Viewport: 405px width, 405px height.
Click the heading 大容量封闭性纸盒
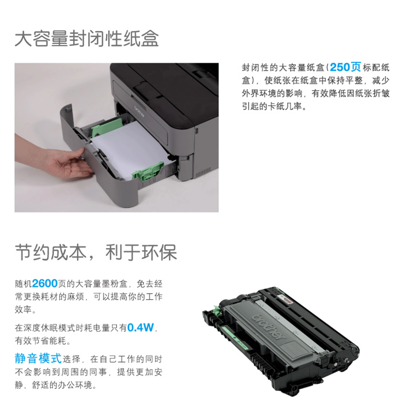coord(87,39)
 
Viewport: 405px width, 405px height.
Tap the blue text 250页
coord(345,67)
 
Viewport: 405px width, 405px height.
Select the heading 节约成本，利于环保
coord(96,252)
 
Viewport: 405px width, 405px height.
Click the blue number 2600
coord(45,283)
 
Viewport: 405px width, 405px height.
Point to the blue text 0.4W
coord(141,328)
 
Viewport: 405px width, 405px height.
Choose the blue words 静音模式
coord(38,358)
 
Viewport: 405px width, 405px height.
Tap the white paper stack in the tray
coord(132,150)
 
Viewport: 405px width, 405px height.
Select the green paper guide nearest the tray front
coord(148,171)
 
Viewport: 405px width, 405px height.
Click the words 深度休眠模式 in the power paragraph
coord(49,328)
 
